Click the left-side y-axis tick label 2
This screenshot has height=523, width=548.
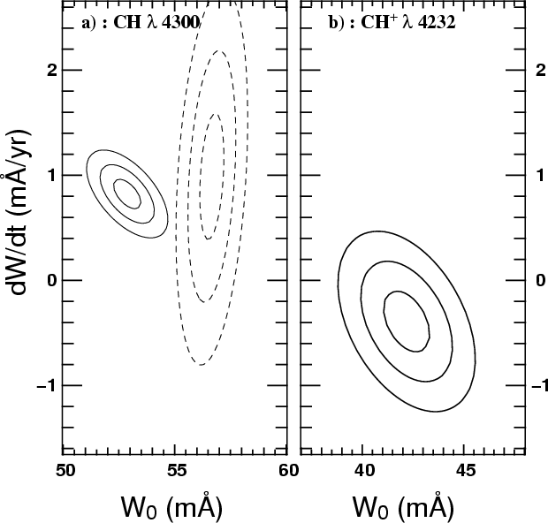52,70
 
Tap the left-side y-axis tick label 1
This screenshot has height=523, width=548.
52,175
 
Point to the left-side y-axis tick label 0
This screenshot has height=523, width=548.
52,280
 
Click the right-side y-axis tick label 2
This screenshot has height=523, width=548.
537,70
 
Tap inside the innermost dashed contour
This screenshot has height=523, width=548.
212,177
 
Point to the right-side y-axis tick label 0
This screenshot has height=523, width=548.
537,280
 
